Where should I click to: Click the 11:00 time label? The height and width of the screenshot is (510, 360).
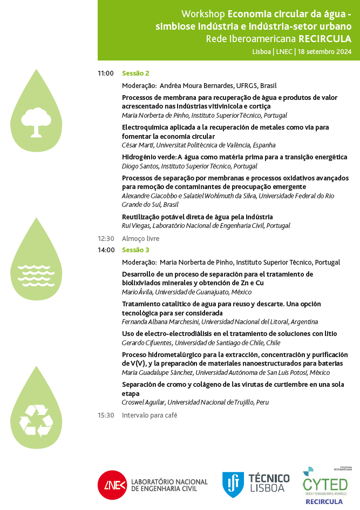point(106,73)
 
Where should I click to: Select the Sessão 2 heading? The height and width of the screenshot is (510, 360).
point(135,73)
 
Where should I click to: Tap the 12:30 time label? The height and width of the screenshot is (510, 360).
point(106,238)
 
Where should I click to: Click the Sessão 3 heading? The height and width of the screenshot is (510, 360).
point(135,250)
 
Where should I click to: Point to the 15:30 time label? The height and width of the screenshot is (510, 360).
point(106,415)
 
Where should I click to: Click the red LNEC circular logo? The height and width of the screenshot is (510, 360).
point(112,485)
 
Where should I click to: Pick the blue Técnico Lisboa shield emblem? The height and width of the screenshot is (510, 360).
point(233,484)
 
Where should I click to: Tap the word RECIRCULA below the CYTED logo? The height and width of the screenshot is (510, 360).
point(324,501)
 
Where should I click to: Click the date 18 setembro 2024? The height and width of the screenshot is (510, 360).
point(324,52)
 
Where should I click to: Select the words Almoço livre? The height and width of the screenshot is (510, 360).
point(140,238)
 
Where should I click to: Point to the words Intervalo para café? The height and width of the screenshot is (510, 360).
point(150,415)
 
